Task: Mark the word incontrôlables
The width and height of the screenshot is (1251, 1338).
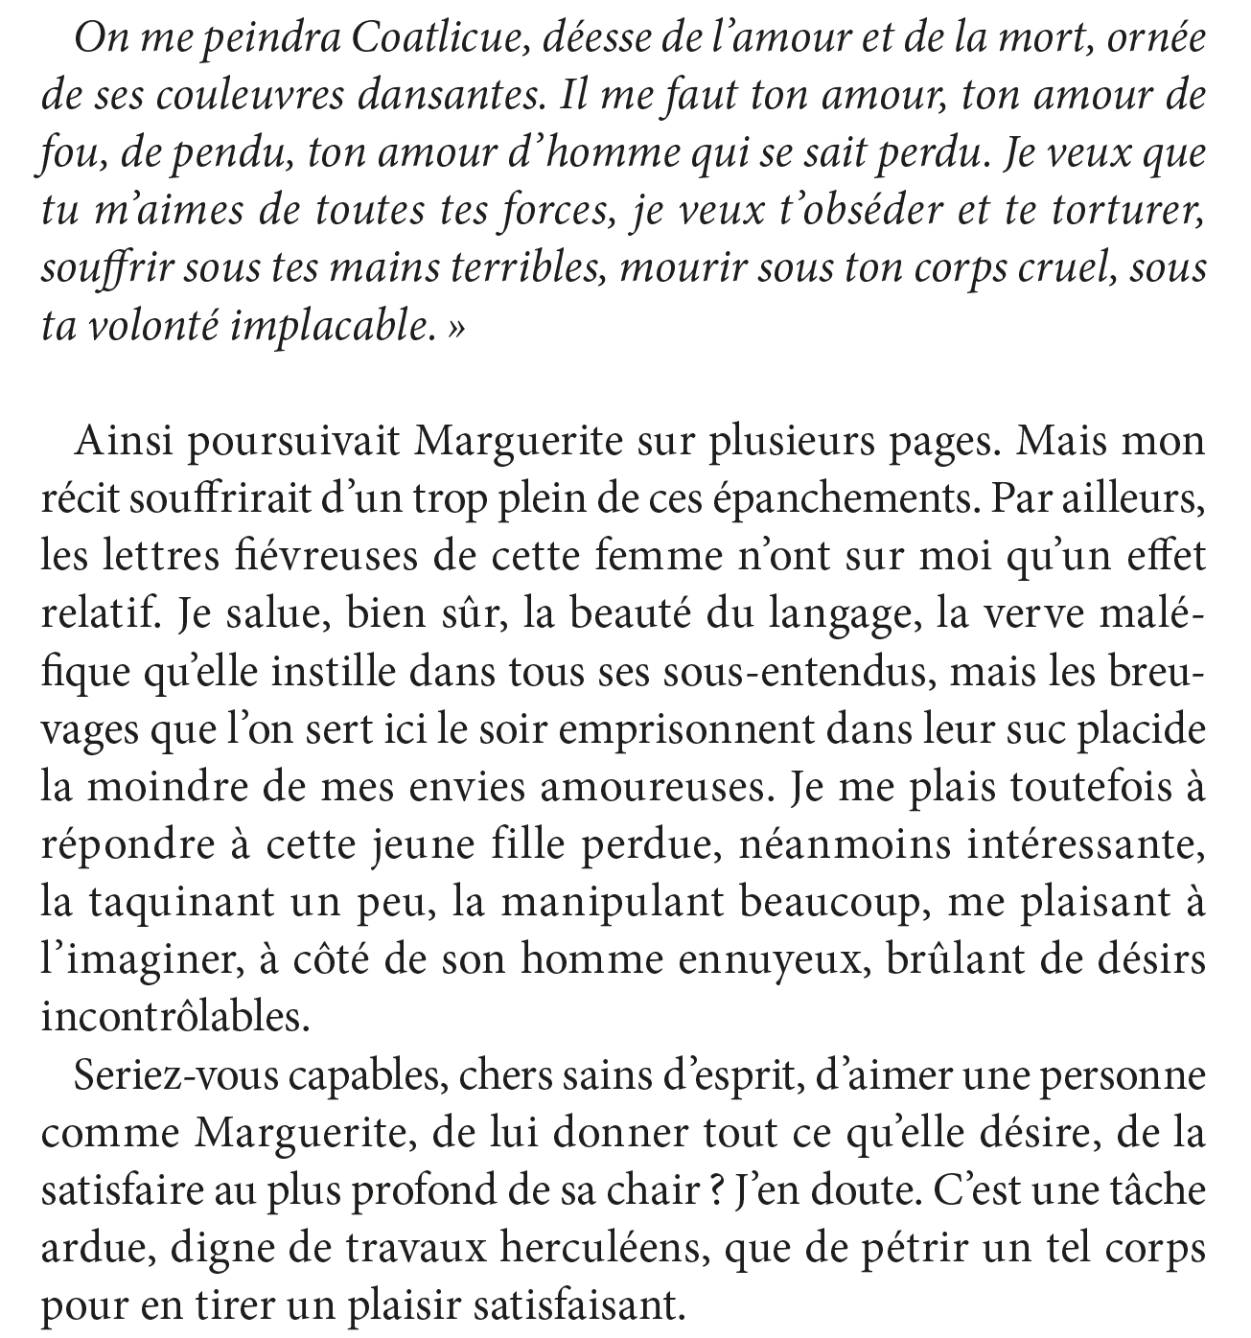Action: [175, 1017]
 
